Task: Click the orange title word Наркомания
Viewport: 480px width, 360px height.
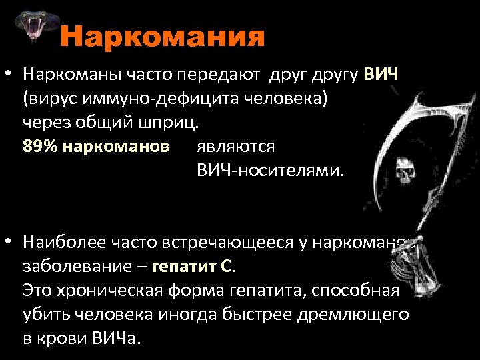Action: (163, 37)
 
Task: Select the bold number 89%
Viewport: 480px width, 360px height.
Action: (41, 146)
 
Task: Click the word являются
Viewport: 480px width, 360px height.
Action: (235, 146)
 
